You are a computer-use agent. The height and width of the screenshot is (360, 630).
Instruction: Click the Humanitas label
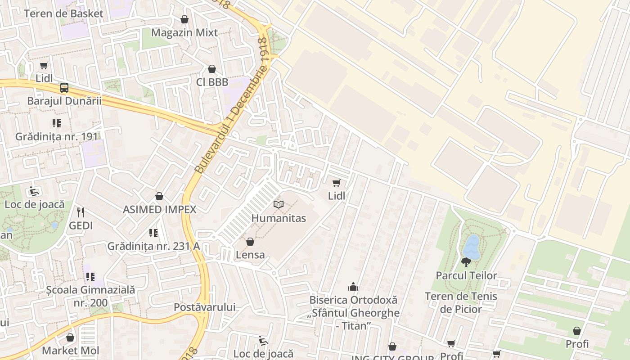[x=279, y=218]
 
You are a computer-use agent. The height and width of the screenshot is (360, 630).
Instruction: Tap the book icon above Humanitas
[x=279, y=205]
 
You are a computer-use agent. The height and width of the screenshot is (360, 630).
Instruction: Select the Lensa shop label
[x=250, y=255]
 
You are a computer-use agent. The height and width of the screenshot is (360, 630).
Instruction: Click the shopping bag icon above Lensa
[x=250, y=242]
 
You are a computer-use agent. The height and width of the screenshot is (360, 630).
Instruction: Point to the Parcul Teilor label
[x=466, y=275]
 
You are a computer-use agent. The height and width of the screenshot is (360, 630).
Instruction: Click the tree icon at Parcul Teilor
[x=466, y=262]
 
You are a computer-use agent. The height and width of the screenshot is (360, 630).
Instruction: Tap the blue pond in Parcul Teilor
[x=472, y=246]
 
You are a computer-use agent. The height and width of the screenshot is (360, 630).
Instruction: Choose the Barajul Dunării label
[x=64, y=101]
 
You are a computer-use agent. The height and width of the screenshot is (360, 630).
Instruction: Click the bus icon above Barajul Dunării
[x=64, y=88]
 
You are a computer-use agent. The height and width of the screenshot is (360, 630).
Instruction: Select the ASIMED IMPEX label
[x=160, y=209]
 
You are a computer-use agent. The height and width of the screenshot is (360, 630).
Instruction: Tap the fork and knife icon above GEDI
[x=81, y=212]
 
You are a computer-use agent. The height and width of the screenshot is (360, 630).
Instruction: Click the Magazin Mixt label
[x=184, y=32]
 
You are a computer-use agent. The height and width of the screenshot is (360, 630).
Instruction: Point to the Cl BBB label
[x=212, y=82]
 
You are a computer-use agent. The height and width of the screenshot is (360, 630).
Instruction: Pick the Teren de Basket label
[x=63, y=13]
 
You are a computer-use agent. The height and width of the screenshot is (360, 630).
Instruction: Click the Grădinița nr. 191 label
[x=56, y=136]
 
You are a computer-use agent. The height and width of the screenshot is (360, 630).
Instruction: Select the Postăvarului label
[x=205, y=307]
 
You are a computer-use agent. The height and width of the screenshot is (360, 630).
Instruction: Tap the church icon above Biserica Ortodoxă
[x=353, y=287]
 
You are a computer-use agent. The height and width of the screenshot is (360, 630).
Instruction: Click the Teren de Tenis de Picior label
[x=461, y=302]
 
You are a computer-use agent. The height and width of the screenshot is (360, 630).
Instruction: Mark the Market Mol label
[x=70, y=351]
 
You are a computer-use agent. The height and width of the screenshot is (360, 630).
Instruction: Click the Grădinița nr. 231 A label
[x=153, y=246]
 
